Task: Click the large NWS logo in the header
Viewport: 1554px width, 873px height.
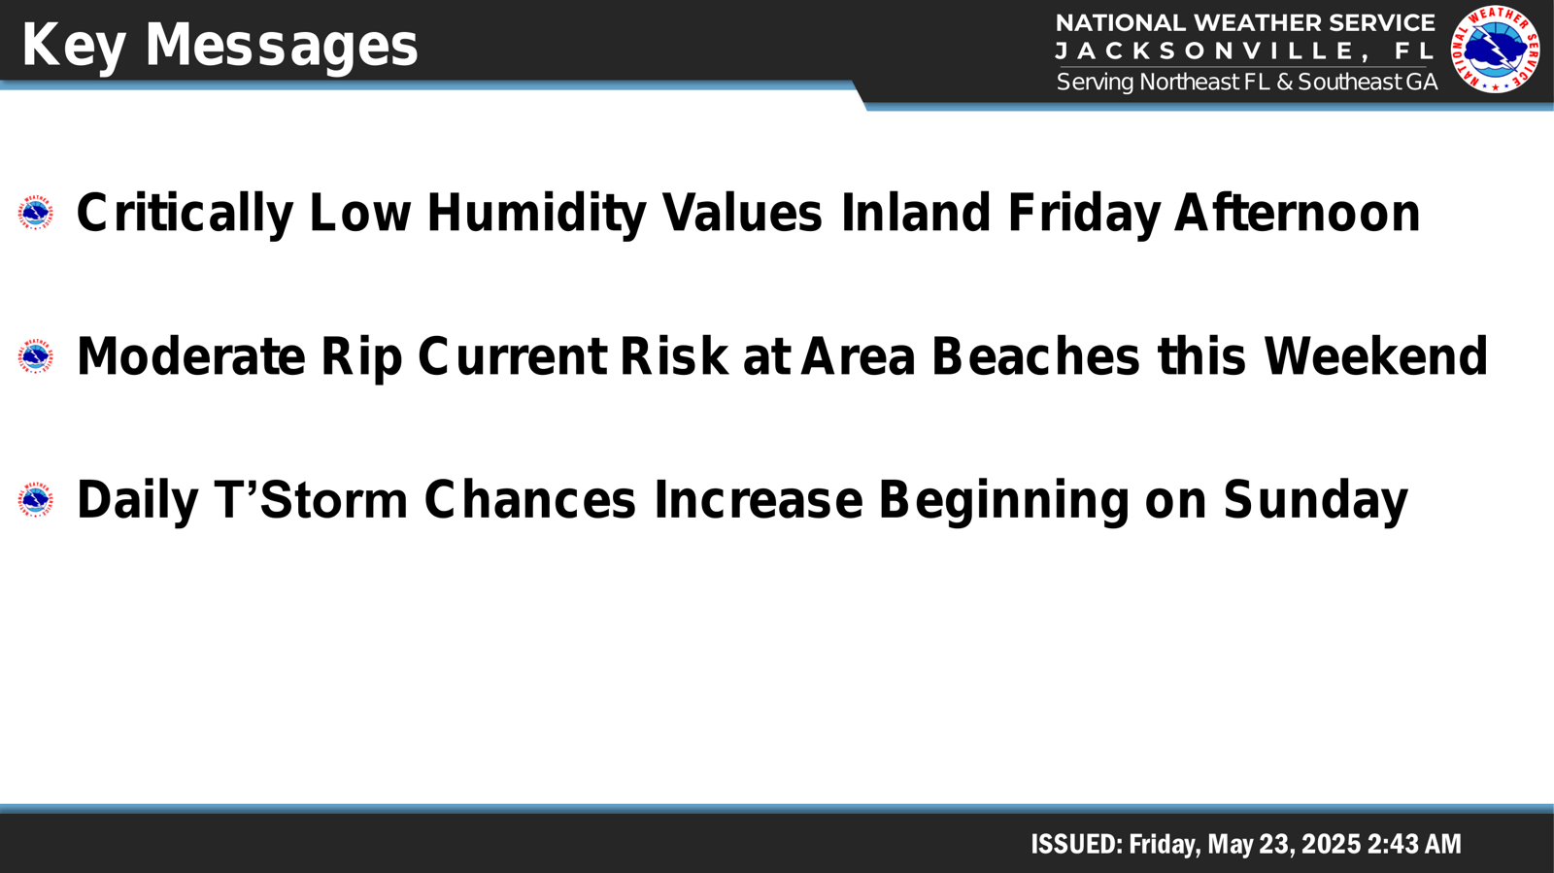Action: tap(1495, 50)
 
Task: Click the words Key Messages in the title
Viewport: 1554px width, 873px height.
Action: tap(220, 46)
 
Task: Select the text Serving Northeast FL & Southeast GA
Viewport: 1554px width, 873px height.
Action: tap(1246, 82)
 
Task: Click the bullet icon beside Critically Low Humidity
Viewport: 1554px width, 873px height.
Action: tap(35, 213)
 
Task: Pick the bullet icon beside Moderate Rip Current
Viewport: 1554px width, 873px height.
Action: tap(35, 356)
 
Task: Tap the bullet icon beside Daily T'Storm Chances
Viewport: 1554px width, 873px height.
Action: tap(35, 500)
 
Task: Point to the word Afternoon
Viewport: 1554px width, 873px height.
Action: tap(1297, 213)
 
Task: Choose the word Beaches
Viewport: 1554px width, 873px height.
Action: tap(1035, 356)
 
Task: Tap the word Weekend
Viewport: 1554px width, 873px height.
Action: tap(1375, 356)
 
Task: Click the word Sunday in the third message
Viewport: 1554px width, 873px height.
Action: tap(1315, 501)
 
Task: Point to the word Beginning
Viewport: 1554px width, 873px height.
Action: tap(1004, 501)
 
